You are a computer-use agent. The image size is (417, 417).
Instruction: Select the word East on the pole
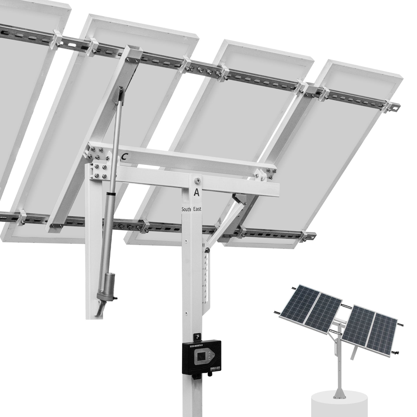[197, 209]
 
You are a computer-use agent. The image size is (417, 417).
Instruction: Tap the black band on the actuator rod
[110, 194]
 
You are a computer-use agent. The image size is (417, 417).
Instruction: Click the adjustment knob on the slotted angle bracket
[207, 250]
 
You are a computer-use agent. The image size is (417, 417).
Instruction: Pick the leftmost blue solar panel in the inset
[298, 301]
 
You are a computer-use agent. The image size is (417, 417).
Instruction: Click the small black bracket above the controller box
[198, 337]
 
